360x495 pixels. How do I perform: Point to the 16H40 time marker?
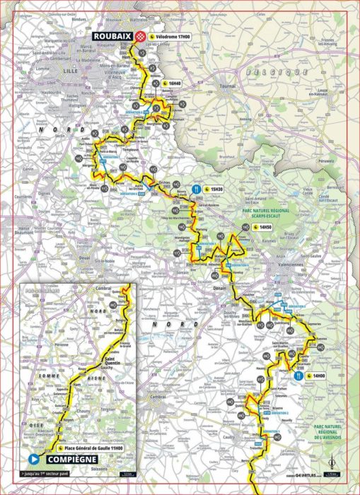[173, 83]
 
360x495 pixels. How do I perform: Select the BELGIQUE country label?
[265, 73]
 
